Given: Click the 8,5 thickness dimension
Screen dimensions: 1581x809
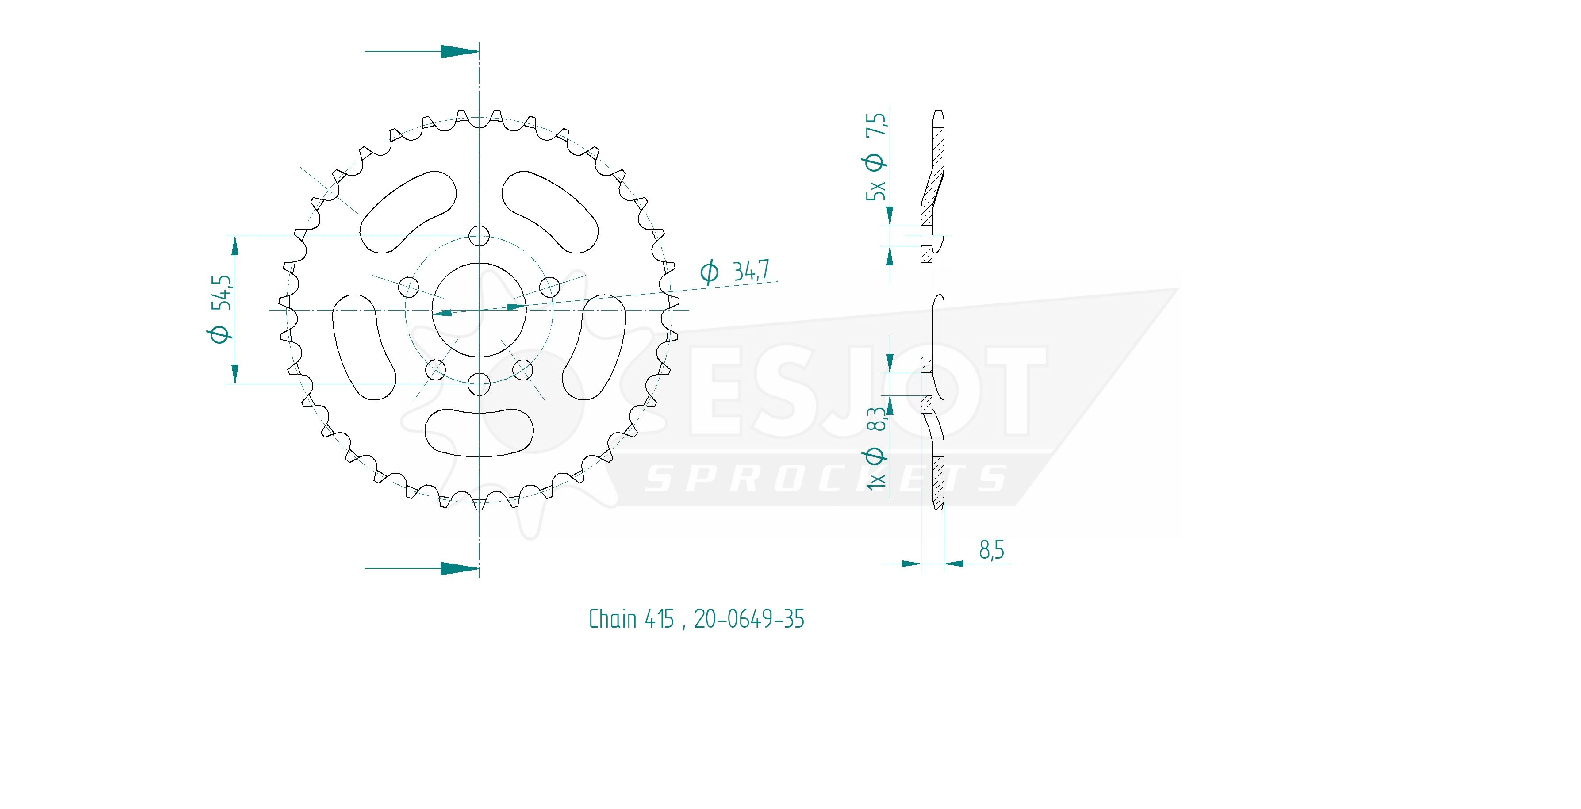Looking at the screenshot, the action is pos(991,550).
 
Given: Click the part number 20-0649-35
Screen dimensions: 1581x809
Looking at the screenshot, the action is pos(749,619).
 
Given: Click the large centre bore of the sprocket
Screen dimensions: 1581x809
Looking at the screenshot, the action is pos(479,310).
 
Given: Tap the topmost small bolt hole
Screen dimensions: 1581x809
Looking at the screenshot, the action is pos(479,236).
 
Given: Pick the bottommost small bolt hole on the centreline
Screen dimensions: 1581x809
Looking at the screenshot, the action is pos(479,384).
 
